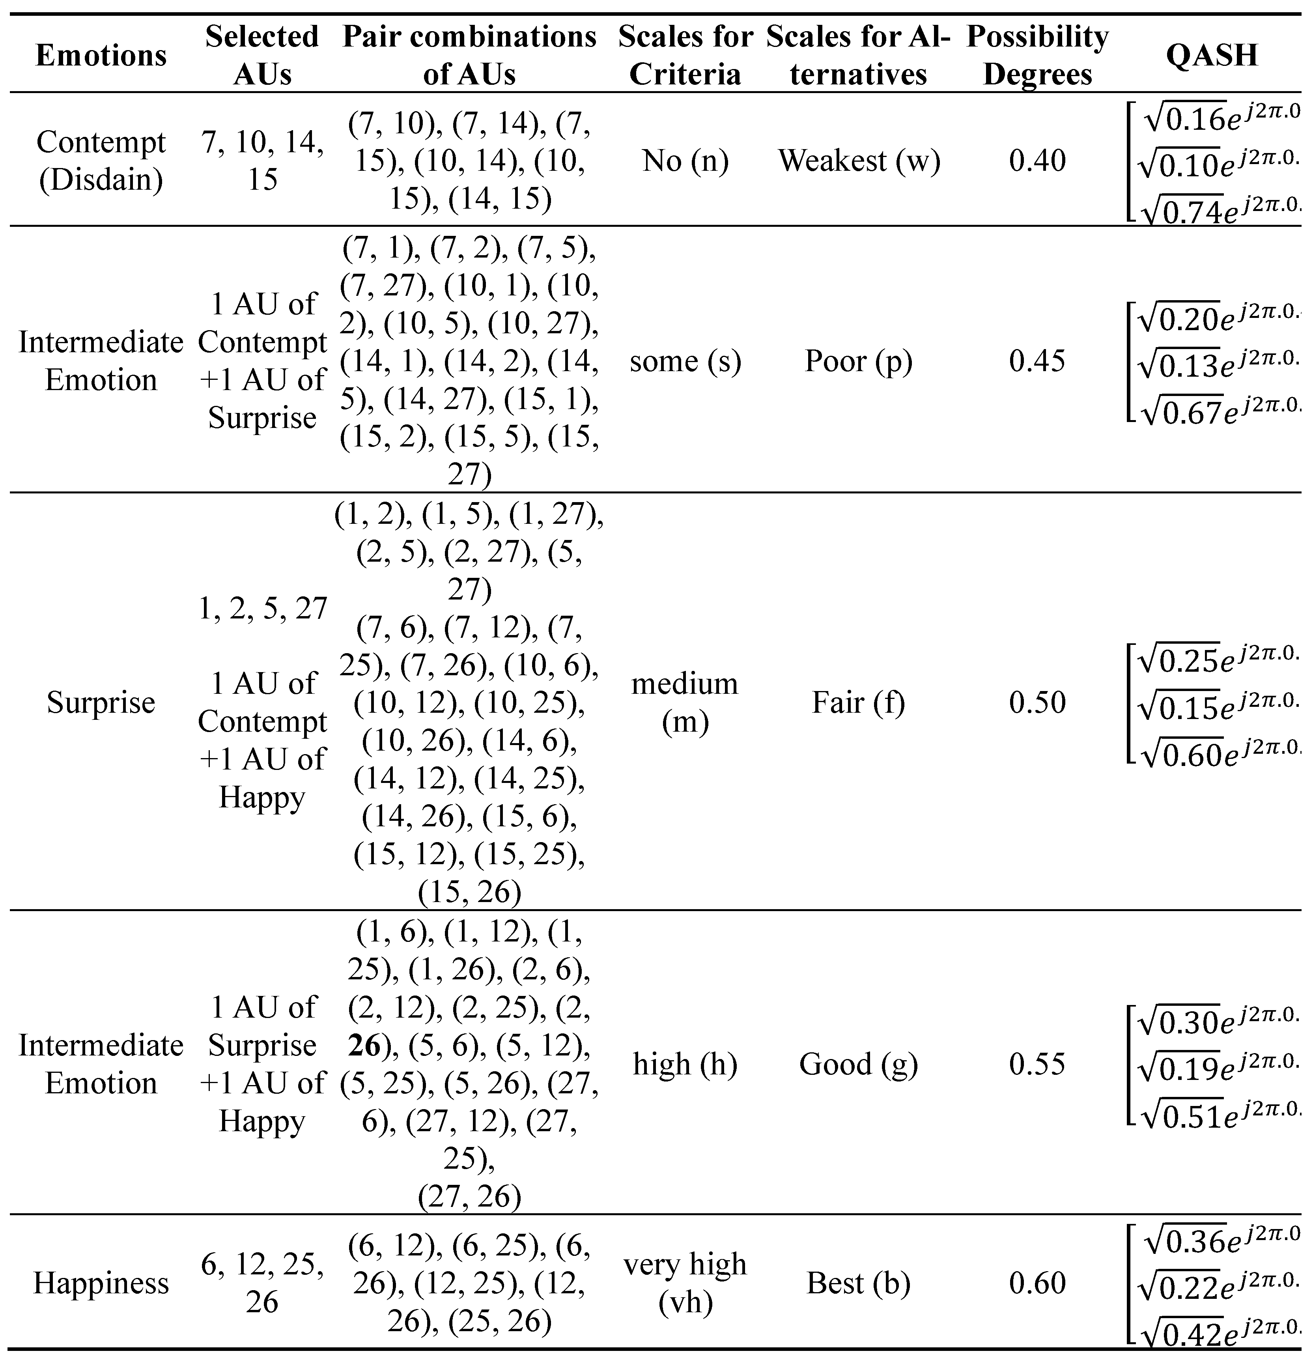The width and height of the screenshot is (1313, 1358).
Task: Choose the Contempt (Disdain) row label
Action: pos(101,161)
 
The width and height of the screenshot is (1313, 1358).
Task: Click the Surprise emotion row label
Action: pos(101,702)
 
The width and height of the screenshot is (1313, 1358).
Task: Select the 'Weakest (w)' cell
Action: pos(859,161)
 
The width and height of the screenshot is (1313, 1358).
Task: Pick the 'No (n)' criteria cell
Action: pos(685,161)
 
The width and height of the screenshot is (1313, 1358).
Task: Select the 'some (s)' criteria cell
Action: pos(685,361)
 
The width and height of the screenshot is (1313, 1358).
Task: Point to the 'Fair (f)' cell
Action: pos(859,702)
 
